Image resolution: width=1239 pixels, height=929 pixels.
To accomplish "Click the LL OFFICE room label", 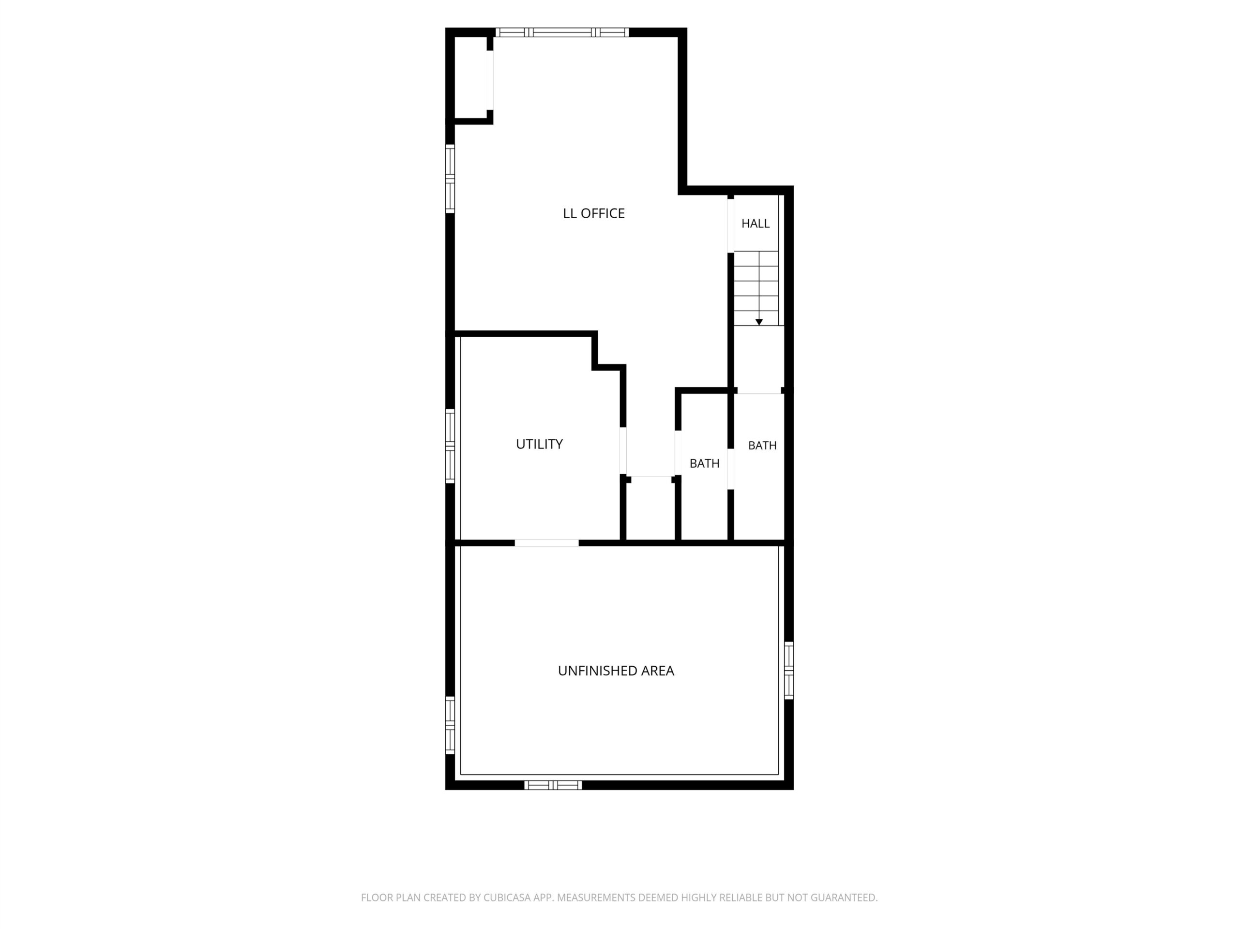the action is pos(594,213).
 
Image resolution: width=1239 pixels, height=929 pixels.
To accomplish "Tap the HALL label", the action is pos(755,224).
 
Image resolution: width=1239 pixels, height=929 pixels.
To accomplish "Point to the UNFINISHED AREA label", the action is pos(616,671).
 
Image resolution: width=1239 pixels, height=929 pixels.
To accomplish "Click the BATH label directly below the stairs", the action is pos(762,446).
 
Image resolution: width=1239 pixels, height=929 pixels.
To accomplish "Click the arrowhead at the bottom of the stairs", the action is pos(759,322).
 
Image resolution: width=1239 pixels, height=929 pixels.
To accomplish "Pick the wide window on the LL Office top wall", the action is pos(562,32).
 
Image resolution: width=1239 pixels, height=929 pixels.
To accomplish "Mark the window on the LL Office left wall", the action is pos(450,179).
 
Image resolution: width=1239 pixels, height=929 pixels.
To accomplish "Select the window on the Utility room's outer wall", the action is pos(450,446).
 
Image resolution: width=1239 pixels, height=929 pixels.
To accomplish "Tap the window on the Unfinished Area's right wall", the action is pos(789,670).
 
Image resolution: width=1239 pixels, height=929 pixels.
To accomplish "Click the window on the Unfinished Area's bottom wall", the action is pos(553,785).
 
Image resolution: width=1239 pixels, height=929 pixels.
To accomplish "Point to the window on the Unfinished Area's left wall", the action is pos(450,725).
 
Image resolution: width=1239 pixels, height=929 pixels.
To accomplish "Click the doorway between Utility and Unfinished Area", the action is pos(547,542).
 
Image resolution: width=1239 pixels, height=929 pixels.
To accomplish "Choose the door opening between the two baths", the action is pos(730,469).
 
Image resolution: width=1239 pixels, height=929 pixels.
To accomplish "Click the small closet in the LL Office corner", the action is pos(471,78).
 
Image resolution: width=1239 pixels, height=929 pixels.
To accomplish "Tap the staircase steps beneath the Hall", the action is pos(756,288).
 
